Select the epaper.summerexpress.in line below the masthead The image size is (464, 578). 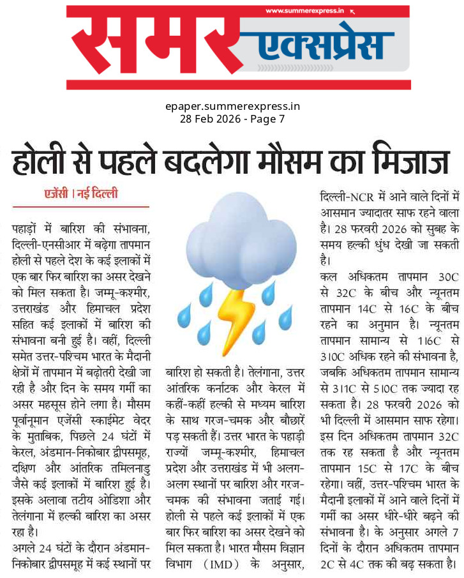tap(232, 107)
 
